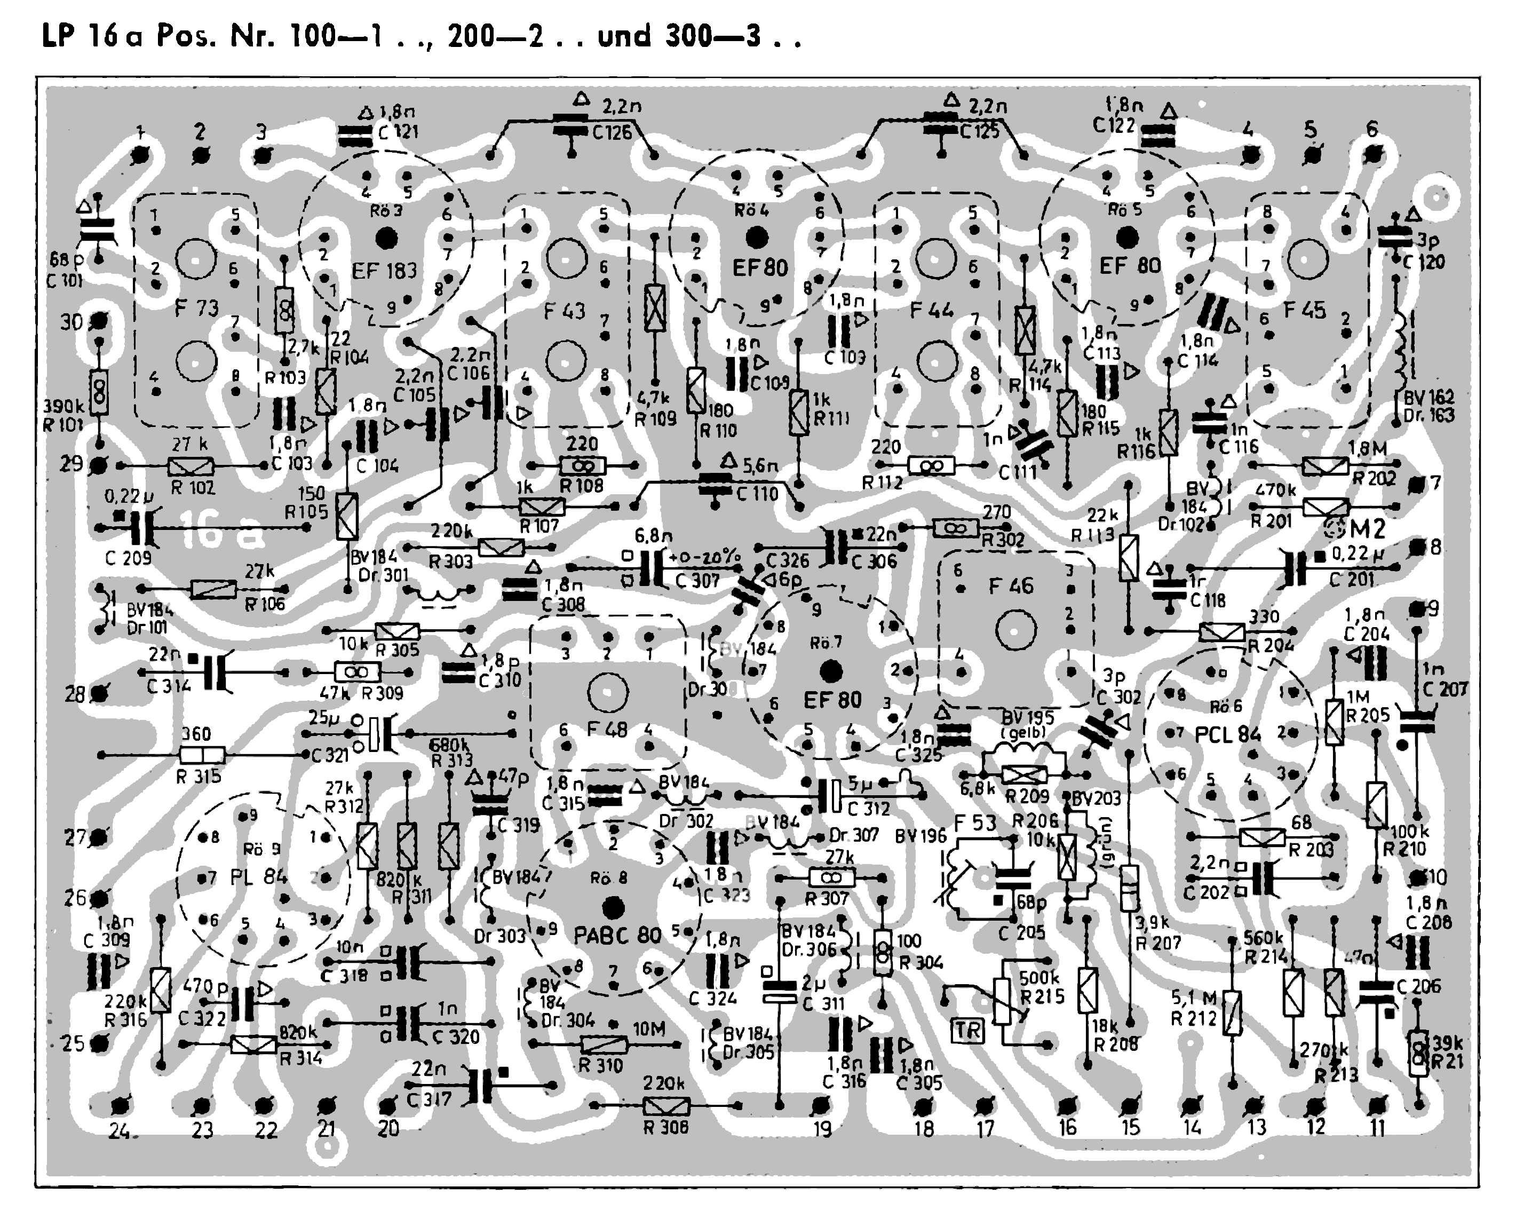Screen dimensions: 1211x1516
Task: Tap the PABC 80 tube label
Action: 617,935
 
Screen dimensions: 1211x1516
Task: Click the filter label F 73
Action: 196,308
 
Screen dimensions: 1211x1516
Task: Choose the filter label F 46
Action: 1011,586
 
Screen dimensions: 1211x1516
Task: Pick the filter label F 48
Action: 607,729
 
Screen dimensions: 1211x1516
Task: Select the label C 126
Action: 612,132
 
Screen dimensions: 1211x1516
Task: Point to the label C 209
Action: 128,558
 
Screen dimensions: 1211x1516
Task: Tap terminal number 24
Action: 120,1131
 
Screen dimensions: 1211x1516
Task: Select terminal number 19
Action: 822,1130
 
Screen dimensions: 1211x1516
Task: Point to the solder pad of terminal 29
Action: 100,465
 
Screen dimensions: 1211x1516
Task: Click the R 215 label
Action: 1043,996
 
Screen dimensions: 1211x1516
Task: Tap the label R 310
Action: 600,1065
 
